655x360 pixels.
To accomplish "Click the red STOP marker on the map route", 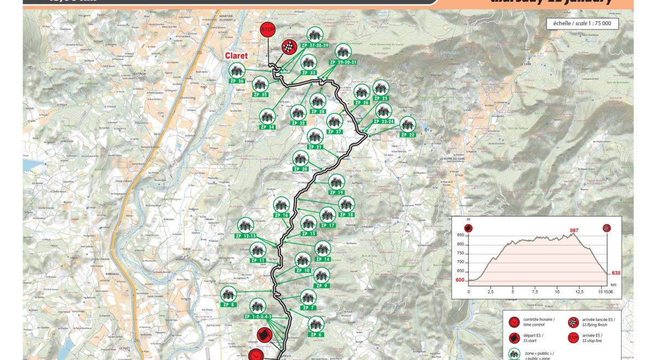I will pyautogui.click(x=268, y=29).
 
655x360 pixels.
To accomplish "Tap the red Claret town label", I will pyautogui.click(x=236, y=56).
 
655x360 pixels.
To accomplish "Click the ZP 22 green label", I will pyautogui.click(x=408, y=135).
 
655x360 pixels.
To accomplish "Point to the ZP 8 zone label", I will pyautogui.click(x=229, y=304).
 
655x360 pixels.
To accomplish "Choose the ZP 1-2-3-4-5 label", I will pyautogui.click(x=258, y=316).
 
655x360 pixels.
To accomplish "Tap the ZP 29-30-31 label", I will pyautogui.click(x=342, y=62).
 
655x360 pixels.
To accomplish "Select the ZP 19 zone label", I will pyautogui.click(x=336, y=193).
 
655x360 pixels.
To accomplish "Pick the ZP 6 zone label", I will pyautogui.click(x=317, y=334).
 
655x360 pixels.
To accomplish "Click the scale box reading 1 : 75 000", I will pyautogui.click(x=582, y=23).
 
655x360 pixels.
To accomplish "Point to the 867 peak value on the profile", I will pyautogui.click(x=574, y=230).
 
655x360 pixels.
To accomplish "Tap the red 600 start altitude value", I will pyautogui.click(x=460, y=280).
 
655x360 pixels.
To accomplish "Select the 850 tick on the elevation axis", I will pyautogui.click(x=460, y=235).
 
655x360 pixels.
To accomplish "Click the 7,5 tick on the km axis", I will pyautogui.click(x=534, y=292).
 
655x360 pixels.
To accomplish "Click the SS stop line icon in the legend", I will pyautogui.click(x=573, y=338).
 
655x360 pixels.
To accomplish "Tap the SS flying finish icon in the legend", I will pyautogui.click(x=573, y=322).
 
